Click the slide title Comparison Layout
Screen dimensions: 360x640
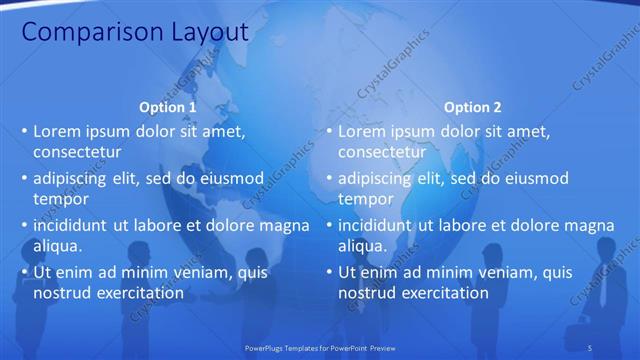pyautogui.click(x=135, y=32)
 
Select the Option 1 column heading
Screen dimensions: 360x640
pyautogui.click(x=168, y=107)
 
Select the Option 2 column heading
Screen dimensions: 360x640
pyautogui.click(x=473, y=107)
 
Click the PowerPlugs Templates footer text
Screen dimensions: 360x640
pyautogui.click(x=320, y=346)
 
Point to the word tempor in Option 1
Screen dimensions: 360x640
pyautogui.click(x=61, y=200)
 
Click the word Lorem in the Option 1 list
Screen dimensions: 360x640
pyautogui.click(x=57, y=131)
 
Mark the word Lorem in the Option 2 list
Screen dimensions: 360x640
pyautogui.click(x=362, y=131)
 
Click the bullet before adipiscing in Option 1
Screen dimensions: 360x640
pyautogui.click(x=24, y=179)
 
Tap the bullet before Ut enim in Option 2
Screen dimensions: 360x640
pyautogui.click(x=329, y=272)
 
